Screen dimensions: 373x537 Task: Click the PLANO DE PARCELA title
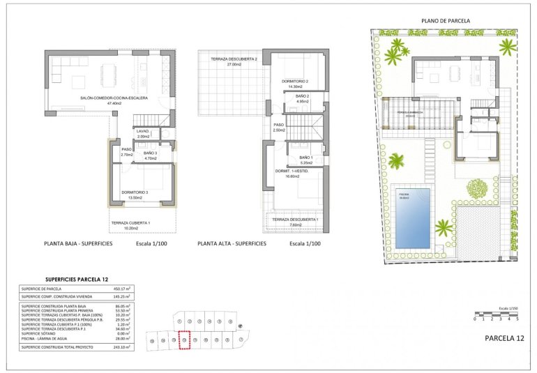(446, 21)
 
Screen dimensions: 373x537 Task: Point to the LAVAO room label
(143, 131)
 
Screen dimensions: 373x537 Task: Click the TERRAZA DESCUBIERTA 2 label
(229, 59)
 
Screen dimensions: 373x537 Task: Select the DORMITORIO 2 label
(295, 82)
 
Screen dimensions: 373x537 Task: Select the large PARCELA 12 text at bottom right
(504, 337)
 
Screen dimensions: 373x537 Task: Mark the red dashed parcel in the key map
(185, 340)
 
